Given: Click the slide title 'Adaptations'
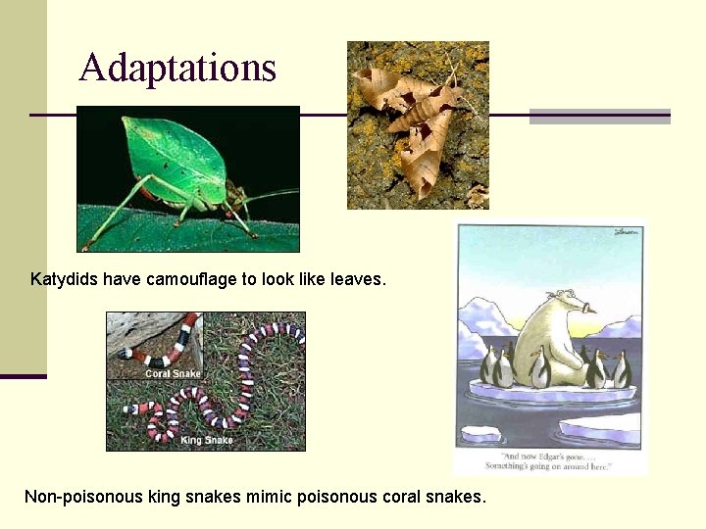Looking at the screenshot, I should [x=177, y=68].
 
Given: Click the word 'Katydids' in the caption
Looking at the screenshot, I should [x=63, y=279].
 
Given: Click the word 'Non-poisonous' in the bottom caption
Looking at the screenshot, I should [x=83, y=497].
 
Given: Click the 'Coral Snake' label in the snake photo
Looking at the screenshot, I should [x=172, y=373].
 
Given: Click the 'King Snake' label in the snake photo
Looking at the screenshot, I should [x=206, y=440].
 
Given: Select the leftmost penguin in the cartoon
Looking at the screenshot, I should [x=488, y=366].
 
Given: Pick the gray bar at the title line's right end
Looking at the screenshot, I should [x=599, y=116].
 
